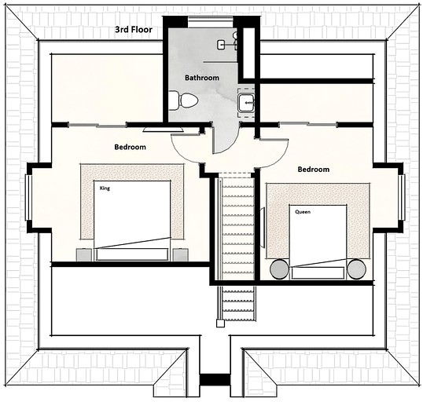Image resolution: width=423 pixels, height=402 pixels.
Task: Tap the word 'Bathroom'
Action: [x=202, y=78]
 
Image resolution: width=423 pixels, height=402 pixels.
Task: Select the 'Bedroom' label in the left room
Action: [x=130, y=147]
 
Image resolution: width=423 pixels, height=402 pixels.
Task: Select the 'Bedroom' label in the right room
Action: [x=313, y=169]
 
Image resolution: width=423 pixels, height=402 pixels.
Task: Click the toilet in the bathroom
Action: [x=183, y=100]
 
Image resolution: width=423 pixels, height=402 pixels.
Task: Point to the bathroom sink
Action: [x=247, y=102]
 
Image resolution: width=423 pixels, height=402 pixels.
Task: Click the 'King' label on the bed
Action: [x=104, y=188]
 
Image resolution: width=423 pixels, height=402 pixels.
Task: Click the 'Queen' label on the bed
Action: [x=303, y=212]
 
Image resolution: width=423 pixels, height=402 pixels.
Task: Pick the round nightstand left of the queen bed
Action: [x=278, y=270]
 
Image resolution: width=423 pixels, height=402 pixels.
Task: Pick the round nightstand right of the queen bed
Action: [x=356, y=270]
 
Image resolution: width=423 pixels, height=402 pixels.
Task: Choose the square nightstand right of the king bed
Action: [x=180, y=254]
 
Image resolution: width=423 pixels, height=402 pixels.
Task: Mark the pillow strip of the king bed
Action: [x=132, y=254]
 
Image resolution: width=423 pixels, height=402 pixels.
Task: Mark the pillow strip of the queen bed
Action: [x=318, y=272]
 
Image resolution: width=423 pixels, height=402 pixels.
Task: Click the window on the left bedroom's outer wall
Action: [x=28, y=197]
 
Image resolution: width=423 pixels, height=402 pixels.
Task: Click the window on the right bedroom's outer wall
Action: [x=402, y=197]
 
